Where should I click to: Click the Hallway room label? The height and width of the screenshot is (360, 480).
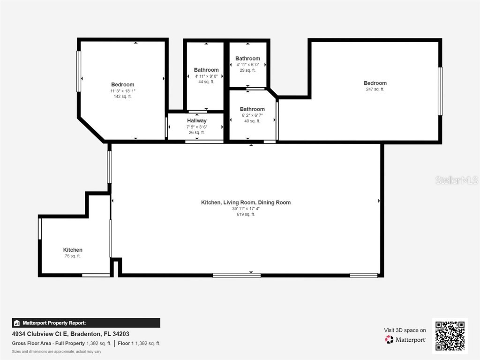[x=196, y=120]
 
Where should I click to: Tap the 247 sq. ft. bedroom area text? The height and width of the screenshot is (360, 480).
[x=375, y=89]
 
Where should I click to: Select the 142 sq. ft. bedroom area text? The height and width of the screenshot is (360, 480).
[x=123, y=97]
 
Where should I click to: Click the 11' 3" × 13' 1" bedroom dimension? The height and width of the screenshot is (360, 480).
[x=123, y=91]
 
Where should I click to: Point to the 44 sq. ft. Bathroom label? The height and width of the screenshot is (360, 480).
[x=206, y=70]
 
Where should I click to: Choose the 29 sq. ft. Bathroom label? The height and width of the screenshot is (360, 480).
[x=247, y=59]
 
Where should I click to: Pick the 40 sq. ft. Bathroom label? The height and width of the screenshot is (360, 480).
[x=252, y=109]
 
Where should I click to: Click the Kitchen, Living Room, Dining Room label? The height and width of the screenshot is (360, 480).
[x=246, y=202]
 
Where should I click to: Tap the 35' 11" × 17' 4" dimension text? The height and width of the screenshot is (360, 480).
[x=246, y=209]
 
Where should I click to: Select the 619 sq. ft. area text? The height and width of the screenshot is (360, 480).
[x=246, y=215]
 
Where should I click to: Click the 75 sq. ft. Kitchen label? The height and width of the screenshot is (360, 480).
[x=73, y=250]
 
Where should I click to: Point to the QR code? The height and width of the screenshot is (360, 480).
[x=450, y=335]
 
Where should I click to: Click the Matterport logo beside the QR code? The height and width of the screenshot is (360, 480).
[x=405, y=339]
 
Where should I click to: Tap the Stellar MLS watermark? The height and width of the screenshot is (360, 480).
[x=456, y=180]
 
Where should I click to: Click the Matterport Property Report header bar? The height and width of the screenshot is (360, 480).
[x=86, y=322]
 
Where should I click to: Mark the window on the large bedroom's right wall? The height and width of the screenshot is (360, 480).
[x=440, y=91]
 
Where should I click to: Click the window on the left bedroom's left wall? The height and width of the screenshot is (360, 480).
[x=79, y=71]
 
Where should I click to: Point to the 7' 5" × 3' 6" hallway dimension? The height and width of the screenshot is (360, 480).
[x=196, y=127]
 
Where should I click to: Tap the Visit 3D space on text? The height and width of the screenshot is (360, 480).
[x=405, y=330]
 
